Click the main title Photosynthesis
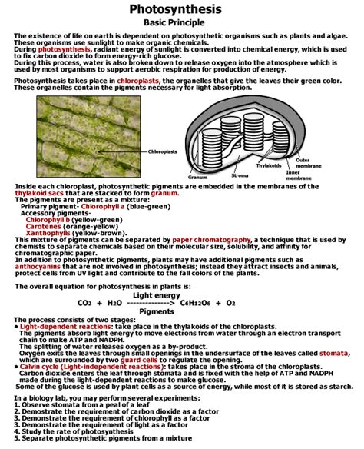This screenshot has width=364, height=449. pos(181,9)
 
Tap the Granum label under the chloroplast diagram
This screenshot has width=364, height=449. pos(199,177)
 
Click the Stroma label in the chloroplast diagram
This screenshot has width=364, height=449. pos(240,175)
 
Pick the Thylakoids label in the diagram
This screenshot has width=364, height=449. pos(268,165)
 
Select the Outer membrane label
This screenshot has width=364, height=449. pos(308,162)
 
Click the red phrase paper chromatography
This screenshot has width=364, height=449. pos(204,239)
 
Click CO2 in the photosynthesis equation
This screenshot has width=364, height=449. pos(84,303)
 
